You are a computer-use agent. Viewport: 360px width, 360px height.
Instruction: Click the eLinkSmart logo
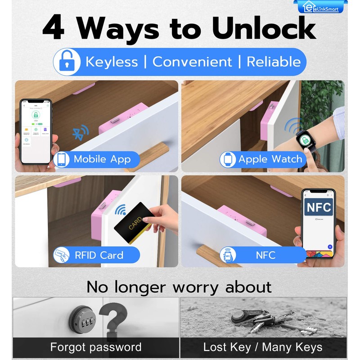[x=320, y=6]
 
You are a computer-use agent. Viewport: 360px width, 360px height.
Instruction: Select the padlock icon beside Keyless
[x=67, y=62]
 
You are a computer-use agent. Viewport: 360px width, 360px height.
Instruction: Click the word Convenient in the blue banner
[x=192, y=62]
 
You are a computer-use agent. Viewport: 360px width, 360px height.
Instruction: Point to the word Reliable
[x=273, y=62]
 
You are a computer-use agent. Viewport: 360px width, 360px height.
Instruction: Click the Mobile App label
[x=102, y=159]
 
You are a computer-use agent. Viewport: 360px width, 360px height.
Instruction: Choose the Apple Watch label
[x=270, y=159]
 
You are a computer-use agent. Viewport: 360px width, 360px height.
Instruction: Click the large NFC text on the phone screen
[x=319, y=207]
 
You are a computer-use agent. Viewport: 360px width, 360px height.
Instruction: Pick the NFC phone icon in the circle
[x=228, y=255]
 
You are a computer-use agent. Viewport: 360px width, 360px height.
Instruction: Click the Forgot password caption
[x=96, y=347]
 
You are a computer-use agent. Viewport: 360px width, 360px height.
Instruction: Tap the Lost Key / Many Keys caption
[x=263, y=347]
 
